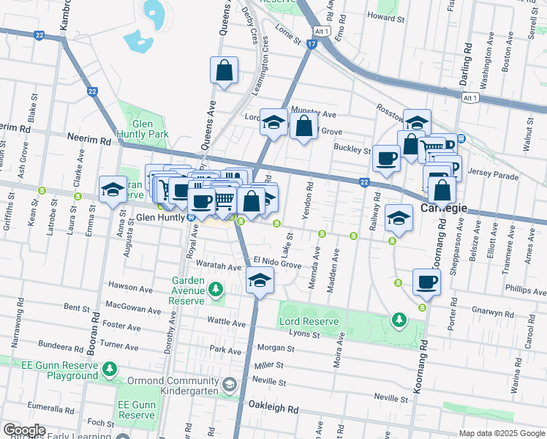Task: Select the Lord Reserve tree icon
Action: (x=399, y=320)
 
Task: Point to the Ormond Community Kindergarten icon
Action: (x=230, y=385)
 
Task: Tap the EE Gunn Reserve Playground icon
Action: (x=110, y=368)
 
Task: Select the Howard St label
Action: (x=385, y=16)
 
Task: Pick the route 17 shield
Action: (x=312, y=45)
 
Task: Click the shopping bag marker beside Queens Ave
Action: (x=225, y=72)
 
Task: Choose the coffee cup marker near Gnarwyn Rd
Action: (x=426, y=282)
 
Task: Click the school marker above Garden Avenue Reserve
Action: (x=260, y=280)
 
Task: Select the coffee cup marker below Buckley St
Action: (x=386, y=158)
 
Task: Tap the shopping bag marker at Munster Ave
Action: (x=303, y=126)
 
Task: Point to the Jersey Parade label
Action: (x=496, y=176)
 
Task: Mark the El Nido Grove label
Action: (x=277, y=262)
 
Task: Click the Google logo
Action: (x=24, y=430)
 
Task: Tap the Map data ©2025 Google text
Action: (x=501, y=433)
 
